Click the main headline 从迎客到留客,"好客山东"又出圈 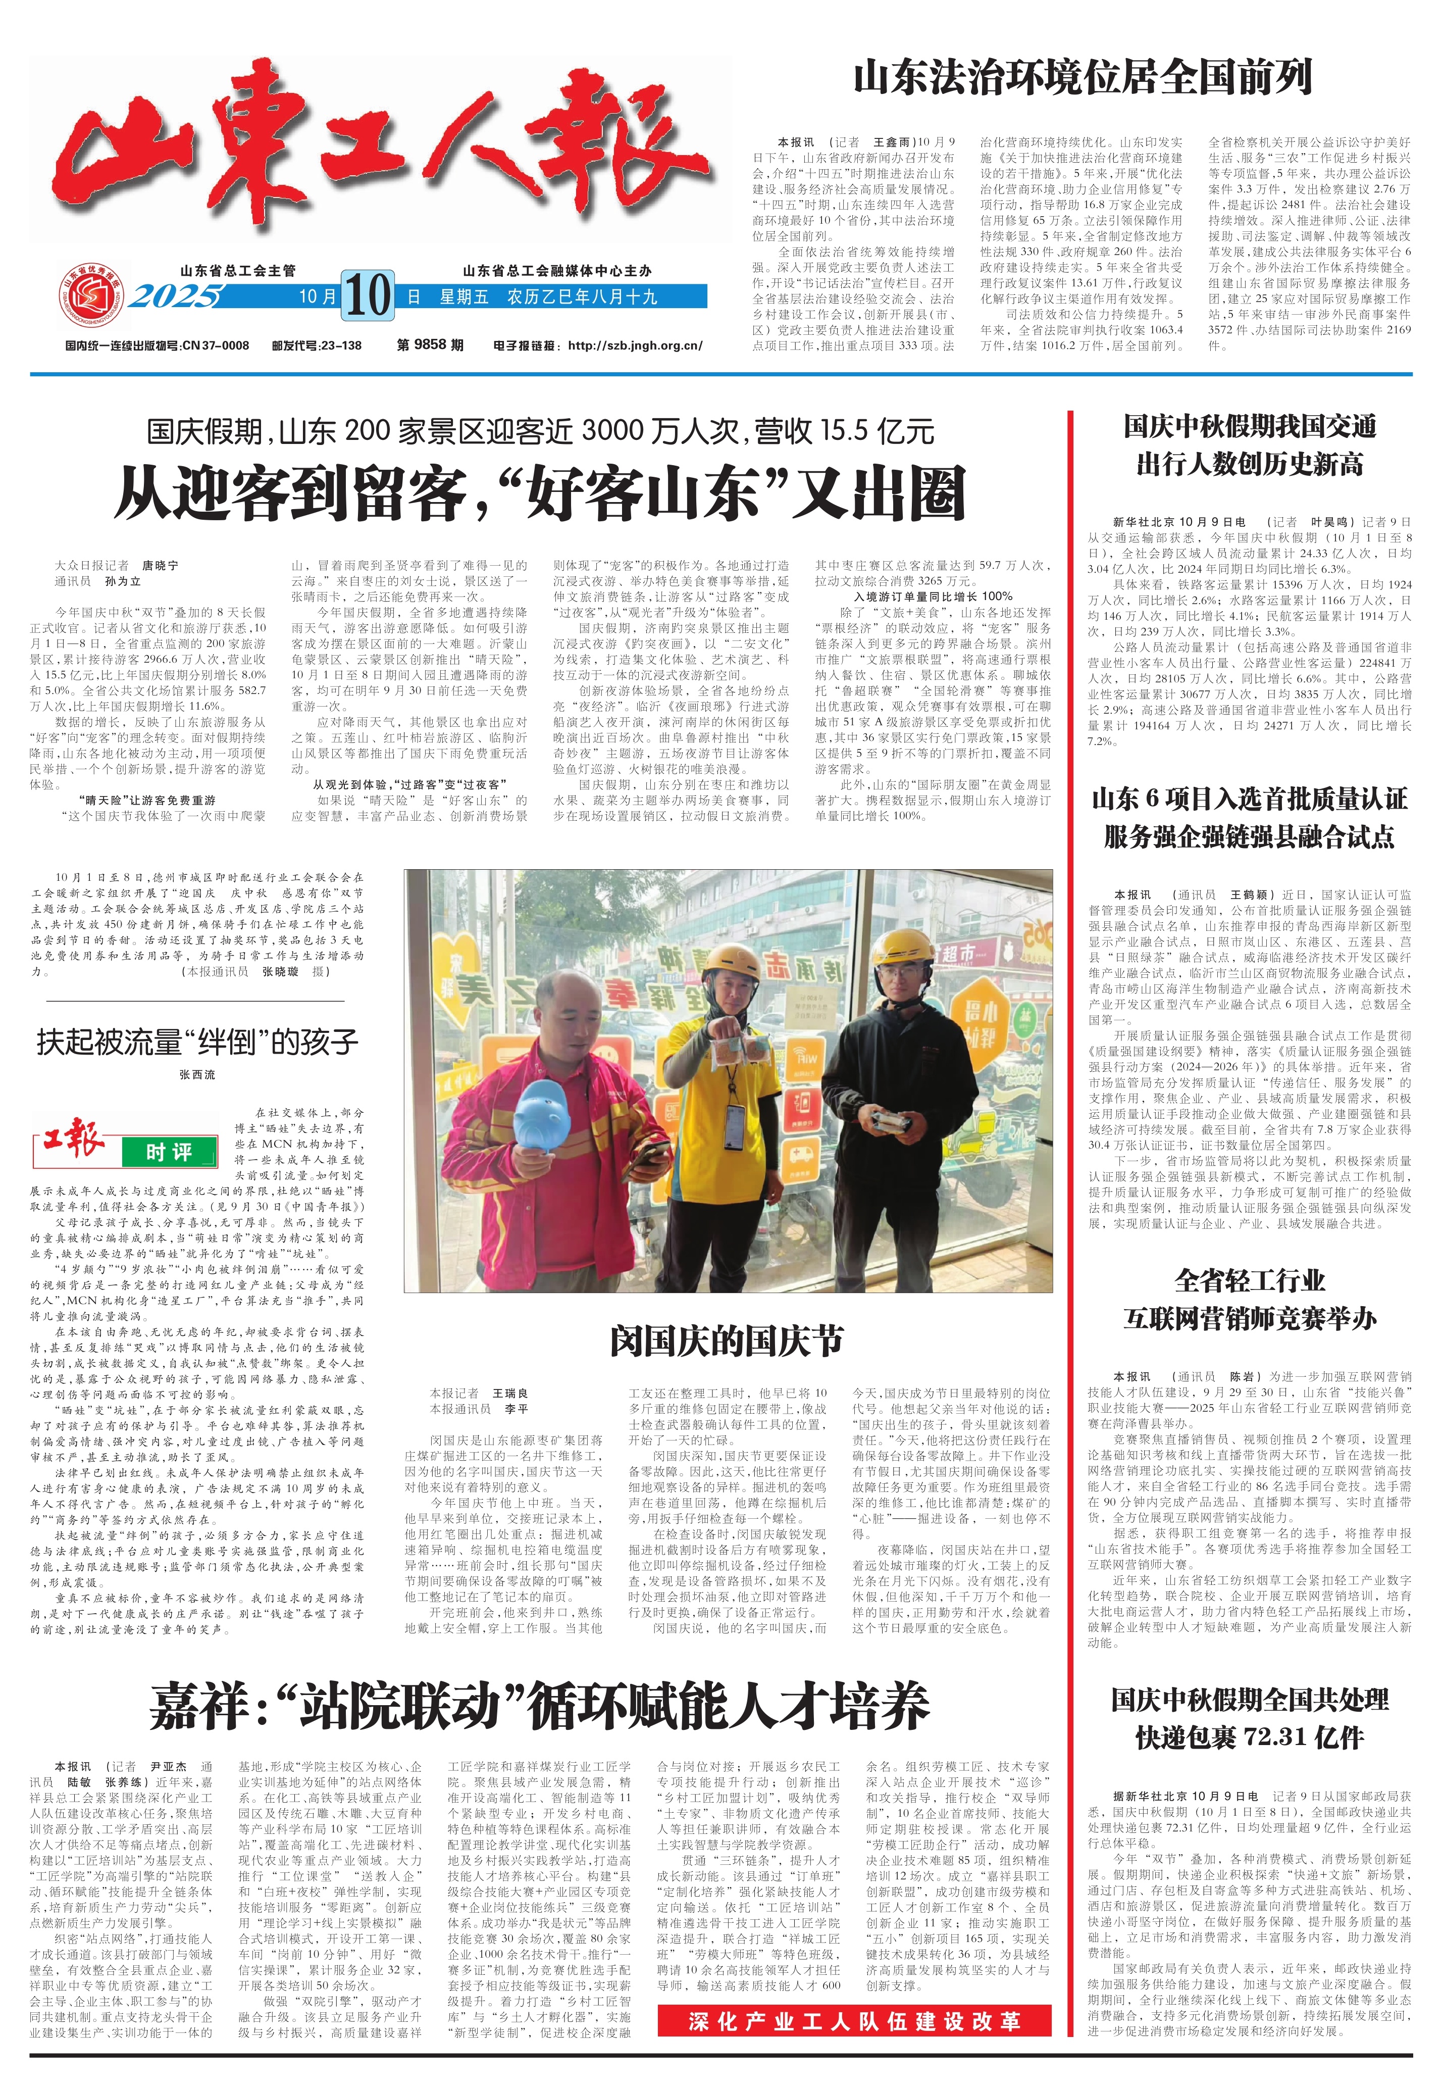tap(540, 494)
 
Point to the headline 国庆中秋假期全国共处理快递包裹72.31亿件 tap(1250, 1718)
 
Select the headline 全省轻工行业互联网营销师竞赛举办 tap(1250, 1300)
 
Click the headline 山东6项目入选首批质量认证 tap(1250, 800)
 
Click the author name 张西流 tap(197, 1075)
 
